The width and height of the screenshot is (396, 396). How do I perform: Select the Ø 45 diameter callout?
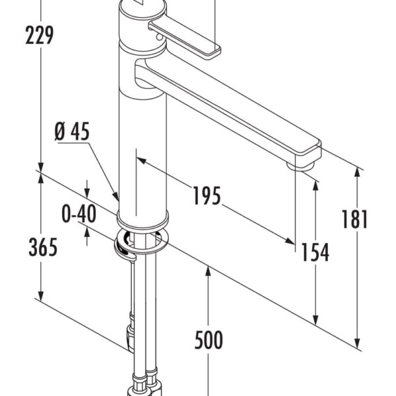click(71, 133)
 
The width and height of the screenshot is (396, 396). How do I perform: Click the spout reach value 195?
click(207, 195)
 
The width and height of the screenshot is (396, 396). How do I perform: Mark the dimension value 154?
click(315, 251)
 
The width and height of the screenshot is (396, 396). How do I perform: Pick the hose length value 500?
click(209, 341)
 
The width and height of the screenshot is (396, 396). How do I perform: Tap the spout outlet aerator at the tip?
click(302, 166)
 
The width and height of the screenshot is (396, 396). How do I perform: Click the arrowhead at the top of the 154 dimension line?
click(316, 182)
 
